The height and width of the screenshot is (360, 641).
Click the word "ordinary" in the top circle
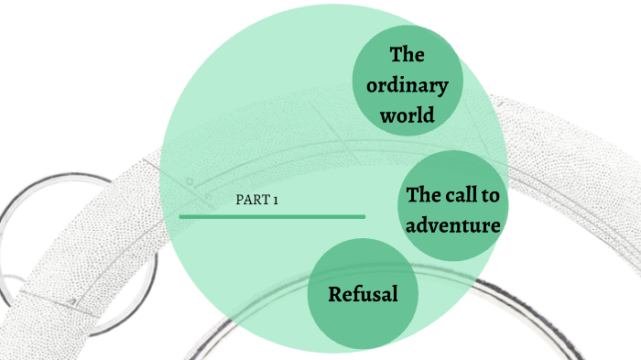[x=407, y=86]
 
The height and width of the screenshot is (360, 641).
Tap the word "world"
[x=408, y=116]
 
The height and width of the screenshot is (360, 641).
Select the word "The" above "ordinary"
[x=407, y=55]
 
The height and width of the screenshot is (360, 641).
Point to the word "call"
[x=466, y=195]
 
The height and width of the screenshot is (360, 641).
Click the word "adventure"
[x=454, y=224]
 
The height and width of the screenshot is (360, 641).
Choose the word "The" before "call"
[x=425, y=195]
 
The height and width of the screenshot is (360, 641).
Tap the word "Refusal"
[x=363, y=295]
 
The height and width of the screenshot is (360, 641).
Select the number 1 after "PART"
[x=275, y=201]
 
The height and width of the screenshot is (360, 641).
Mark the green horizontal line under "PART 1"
[x=272, y=216]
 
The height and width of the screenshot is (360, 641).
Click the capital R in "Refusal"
[x=335, y=295]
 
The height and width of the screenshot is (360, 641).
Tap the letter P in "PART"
[x=240, y=201]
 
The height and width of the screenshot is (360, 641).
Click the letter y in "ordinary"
[x=442, y=88]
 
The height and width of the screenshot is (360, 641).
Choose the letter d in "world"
[x=428, y=116]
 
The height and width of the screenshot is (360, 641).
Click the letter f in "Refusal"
[x=358, y=294]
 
